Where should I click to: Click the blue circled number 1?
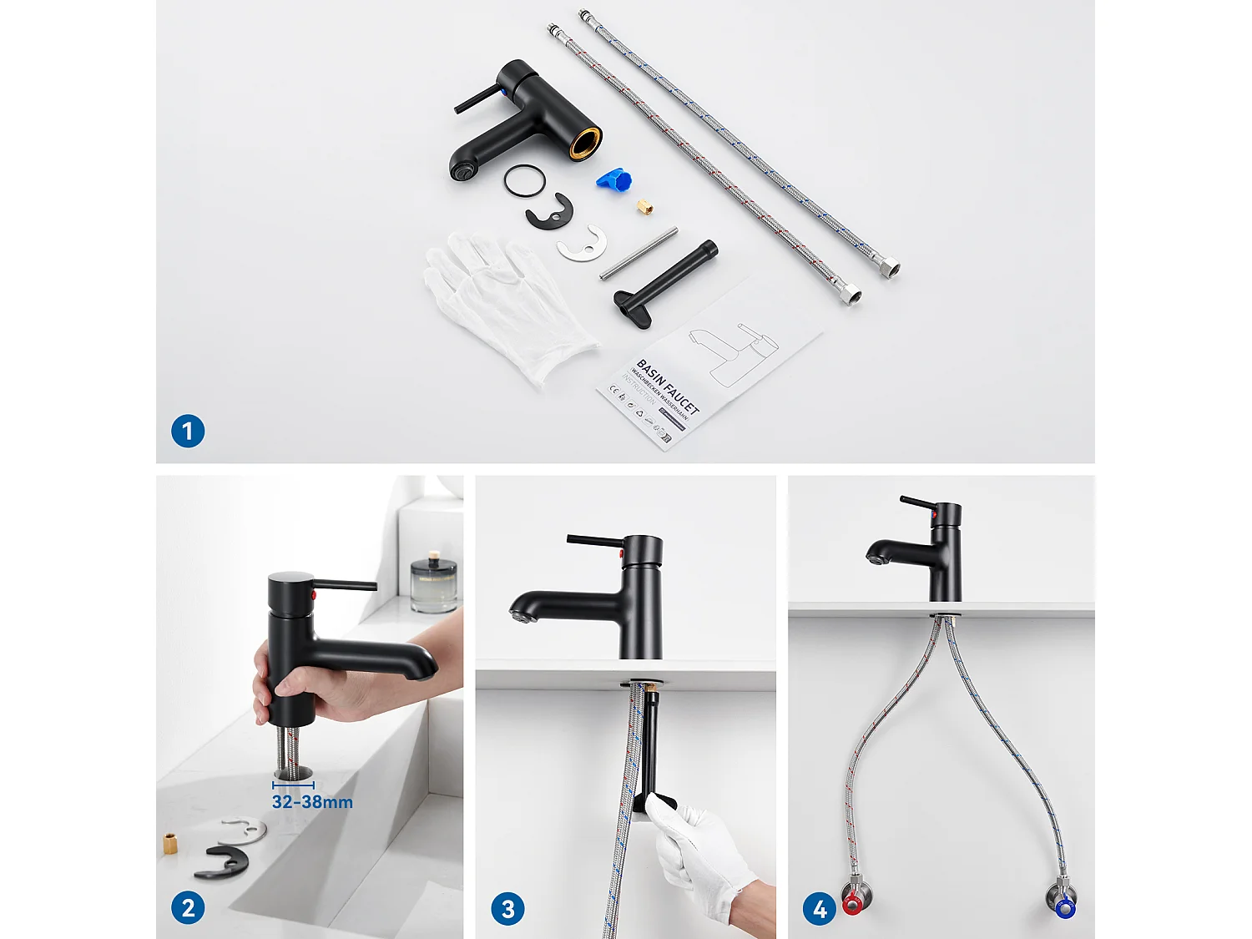(x=188, y=432)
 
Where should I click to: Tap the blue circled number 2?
(x=188, y=908)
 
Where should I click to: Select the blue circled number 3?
(x=507, y=908)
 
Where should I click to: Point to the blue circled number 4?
(x=820, y=908)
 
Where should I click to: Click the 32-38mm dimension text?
(x=312, y=802)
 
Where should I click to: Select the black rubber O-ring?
(x=525, y=180)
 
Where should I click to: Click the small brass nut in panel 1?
(x=645, y=206)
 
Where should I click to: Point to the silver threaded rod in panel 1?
(x=639, y=254)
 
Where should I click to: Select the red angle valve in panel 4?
(x=853, y=903)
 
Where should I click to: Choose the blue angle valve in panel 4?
(x=1064, y=906)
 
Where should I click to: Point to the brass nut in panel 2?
(x=171, y=843)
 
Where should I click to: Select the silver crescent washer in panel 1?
(x=582, y=244)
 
